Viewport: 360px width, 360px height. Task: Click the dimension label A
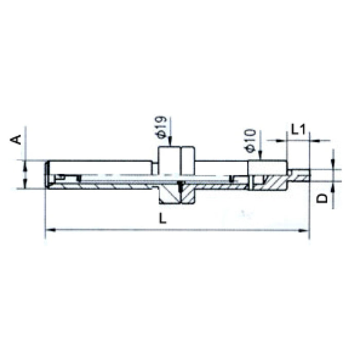tap(17, 138)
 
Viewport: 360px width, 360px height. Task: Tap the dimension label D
tap(322, 198)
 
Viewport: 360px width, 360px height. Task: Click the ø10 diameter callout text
tap(250, 140)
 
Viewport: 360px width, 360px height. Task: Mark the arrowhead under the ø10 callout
tap(261, 157)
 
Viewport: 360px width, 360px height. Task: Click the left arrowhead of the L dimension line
tap(49, 230)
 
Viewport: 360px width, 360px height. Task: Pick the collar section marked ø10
tap(267, 168)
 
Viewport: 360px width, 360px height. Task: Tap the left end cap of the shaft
tap(48, 175)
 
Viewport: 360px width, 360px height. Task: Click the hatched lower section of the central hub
tap(176, 194)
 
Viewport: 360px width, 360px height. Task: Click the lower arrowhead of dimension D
tap(333, 185)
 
